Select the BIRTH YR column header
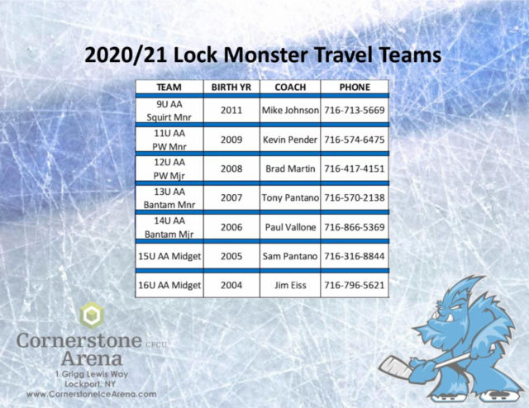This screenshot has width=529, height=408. tap(231, 88)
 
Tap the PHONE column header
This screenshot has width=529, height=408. tap(355, 88)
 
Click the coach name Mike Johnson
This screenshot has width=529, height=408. tap(290, 111)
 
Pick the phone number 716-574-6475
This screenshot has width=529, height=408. tap(355, 140)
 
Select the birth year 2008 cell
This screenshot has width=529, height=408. tap(231, 168)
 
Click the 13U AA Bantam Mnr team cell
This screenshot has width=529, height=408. tap(169, 198)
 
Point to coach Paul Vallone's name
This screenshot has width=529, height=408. tap(290, 227)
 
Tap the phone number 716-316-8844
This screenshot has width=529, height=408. tap(355, 256)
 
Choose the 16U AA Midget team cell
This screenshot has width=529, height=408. tap(169, 285)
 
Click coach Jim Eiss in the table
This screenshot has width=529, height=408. tap(290, 285)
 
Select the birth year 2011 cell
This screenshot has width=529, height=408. tap(231, 111)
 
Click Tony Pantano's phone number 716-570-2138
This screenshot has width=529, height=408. tap(355, 198)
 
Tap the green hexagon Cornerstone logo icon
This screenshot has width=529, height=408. tap(92, 315)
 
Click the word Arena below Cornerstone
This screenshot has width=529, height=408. tap(92, 358)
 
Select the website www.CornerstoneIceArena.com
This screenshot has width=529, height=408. tap(92, 394)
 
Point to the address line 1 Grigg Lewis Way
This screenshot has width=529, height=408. tap(92, 374)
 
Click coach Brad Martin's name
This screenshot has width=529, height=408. tap(290, 168)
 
